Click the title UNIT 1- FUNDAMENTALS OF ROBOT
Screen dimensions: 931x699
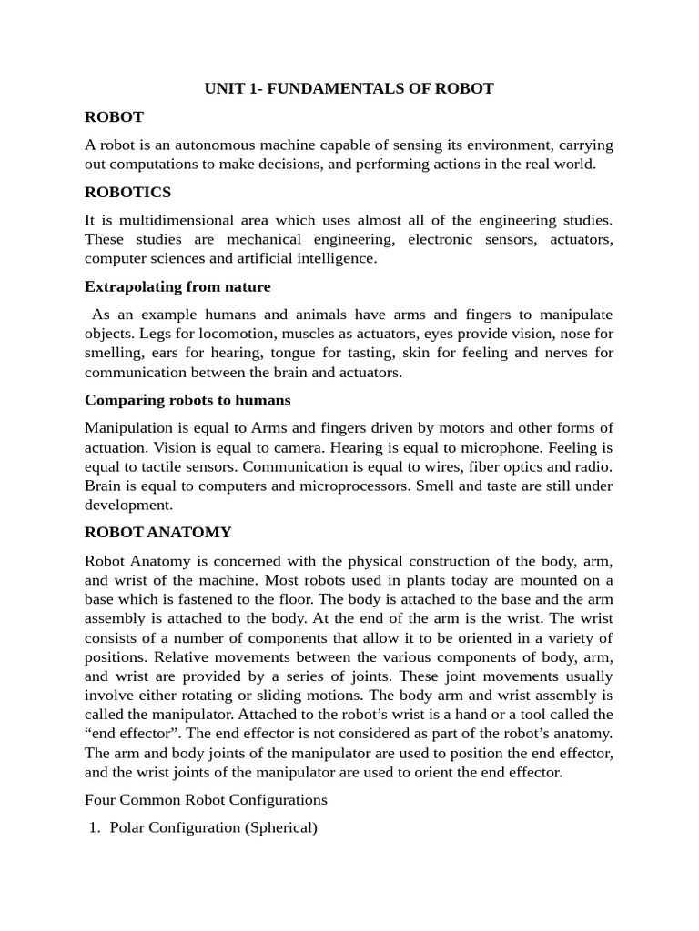click(x=349, y=88)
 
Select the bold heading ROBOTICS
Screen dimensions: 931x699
click(x=127, y=192)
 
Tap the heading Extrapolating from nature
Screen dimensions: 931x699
click(x=177, y=286)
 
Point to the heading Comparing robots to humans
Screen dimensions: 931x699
click(x=187, y=400)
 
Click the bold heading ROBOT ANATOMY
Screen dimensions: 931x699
click(x=157, y=532)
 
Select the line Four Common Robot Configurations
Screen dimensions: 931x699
click(x=206, y=800)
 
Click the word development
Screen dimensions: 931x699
click(x=128, y=505)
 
